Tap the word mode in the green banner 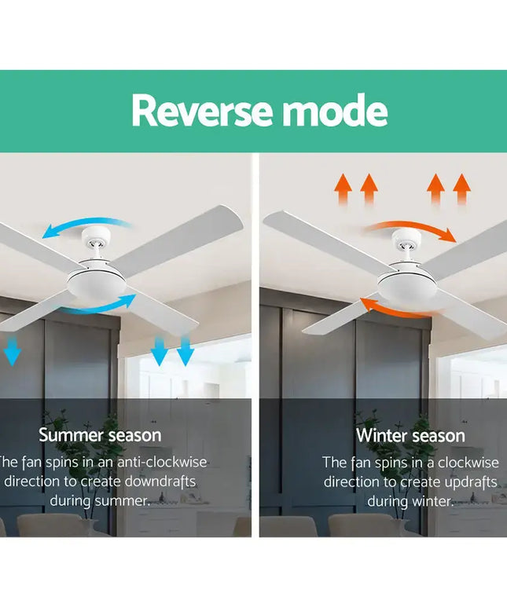point(335,111)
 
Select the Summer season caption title point(100,434)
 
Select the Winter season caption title point(410,435)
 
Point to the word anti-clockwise point(163,463)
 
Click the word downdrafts point(156,481)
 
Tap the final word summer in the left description point(120,500)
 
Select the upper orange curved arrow point(413,229)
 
